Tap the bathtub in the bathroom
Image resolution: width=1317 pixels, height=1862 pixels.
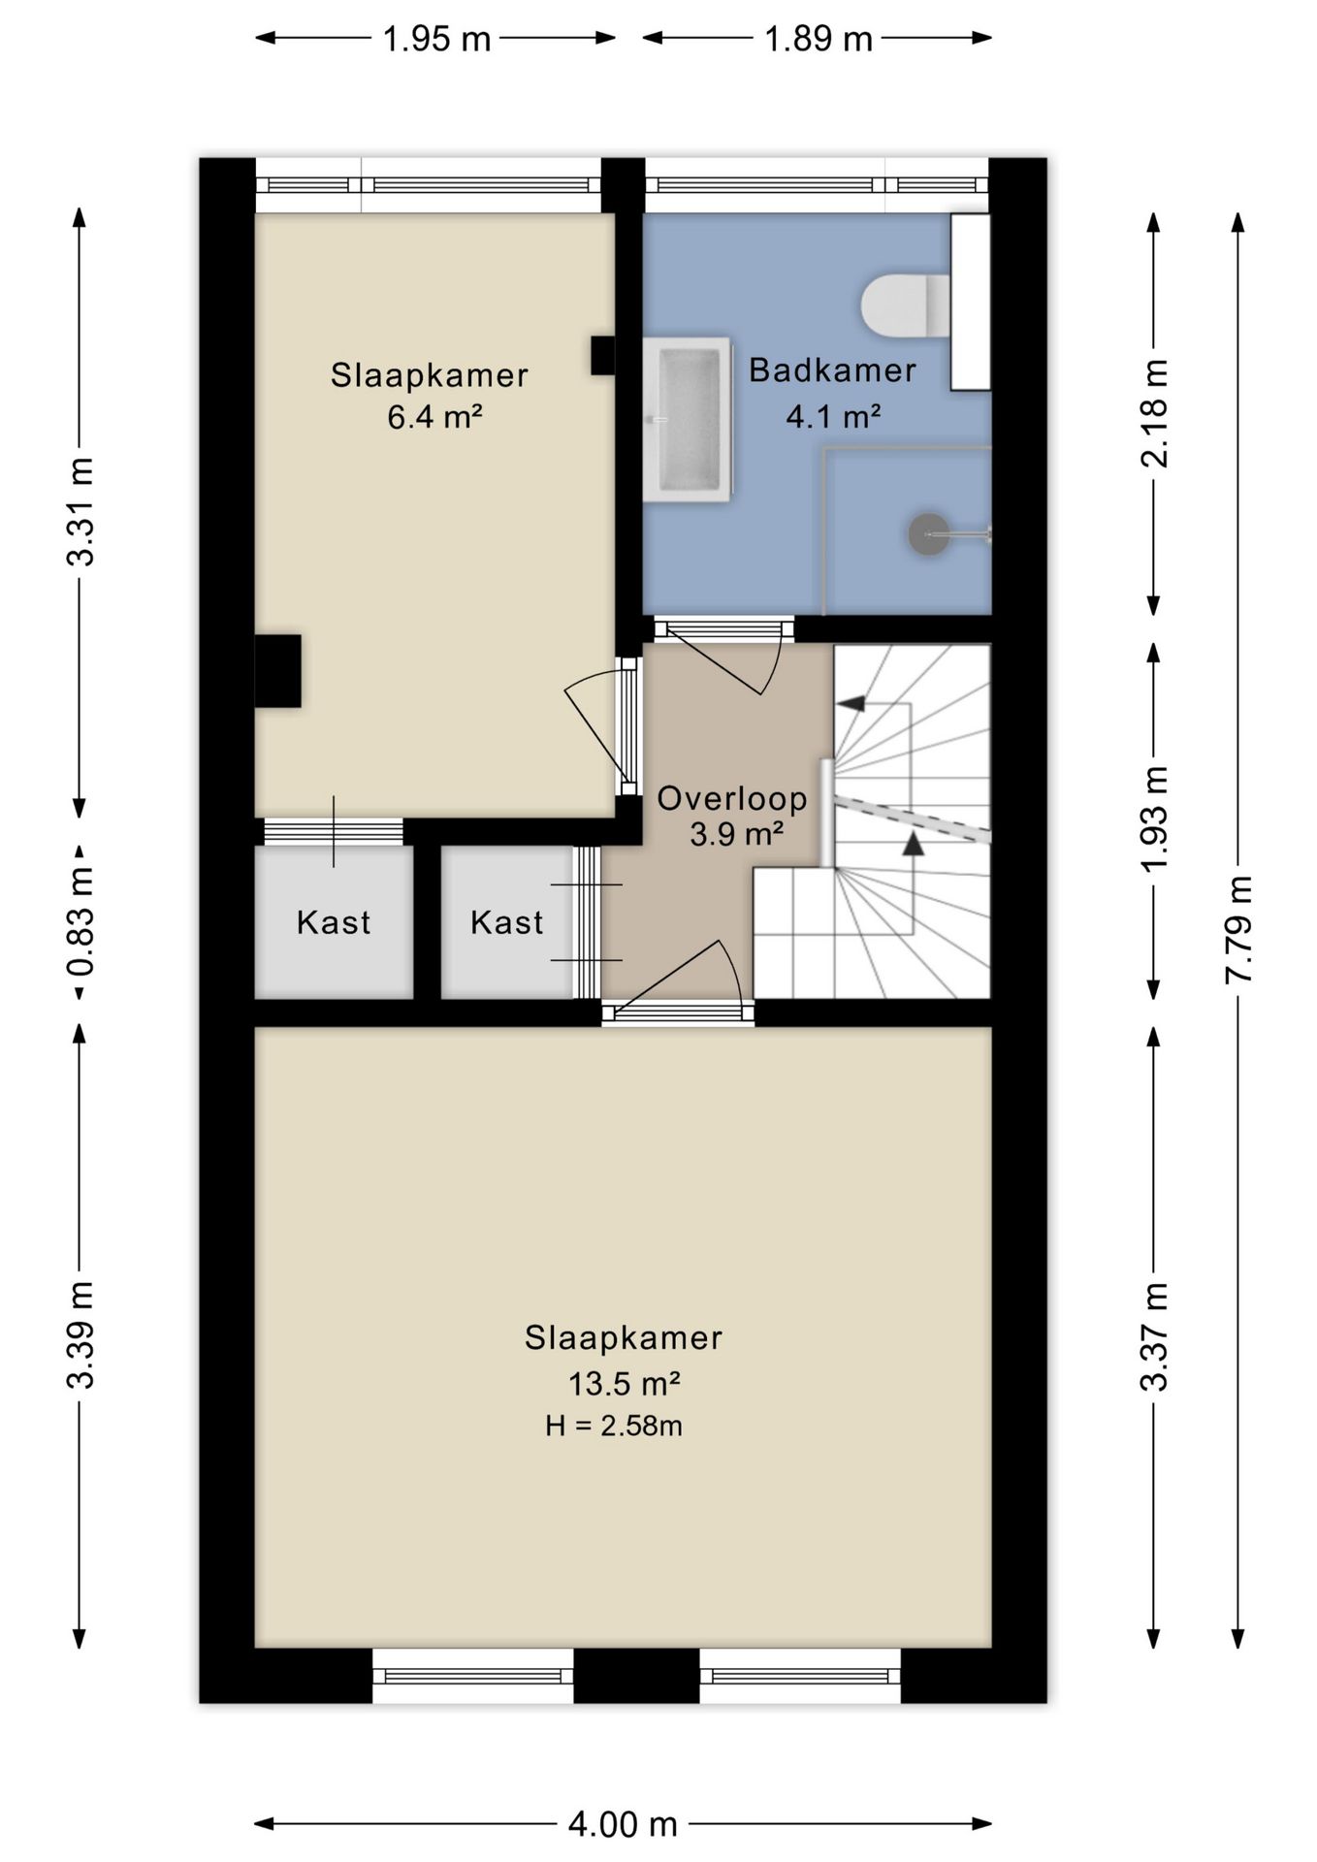click(x=687, y=419)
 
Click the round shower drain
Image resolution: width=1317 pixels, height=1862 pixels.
click(x=928, y=533)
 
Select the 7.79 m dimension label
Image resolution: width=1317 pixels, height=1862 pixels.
click(x=1238, y=929)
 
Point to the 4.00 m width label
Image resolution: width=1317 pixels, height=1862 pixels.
click(x=622, y=1824)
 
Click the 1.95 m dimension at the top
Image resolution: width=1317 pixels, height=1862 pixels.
click(x=436, y=39)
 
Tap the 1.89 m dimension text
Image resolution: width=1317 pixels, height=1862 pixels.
click(x=819, y=39)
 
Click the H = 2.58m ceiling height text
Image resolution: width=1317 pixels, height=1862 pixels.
click(x=614, y=1426)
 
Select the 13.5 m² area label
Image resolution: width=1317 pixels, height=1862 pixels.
click(x=624, y=1383)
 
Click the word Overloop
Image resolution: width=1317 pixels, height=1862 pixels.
click(x=732, y=798)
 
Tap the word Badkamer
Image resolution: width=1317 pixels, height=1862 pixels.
click(x=832, y=369)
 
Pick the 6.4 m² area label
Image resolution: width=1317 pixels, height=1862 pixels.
click(x=435, y=417)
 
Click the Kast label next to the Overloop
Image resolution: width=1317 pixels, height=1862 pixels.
click(x=506, y=921)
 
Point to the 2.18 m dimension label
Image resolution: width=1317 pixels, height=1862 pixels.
click(x=1154, y=413)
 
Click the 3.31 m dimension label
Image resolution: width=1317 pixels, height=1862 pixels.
click(x=80, y=511)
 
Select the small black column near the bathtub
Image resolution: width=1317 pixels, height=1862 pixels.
click(x=603, y=355)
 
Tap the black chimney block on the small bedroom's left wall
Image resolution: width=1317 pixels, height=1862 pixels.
click(x=277, y=670)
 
